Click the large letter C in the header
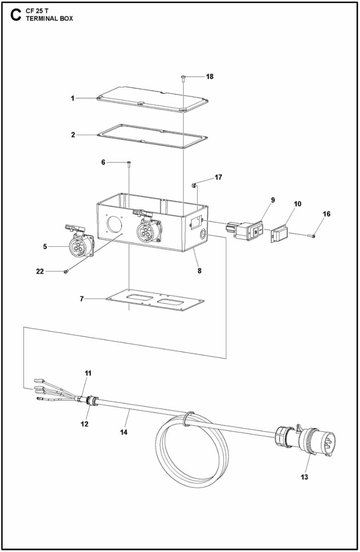(x=15, y=15)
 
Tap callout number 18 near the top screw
(x=210, y=76)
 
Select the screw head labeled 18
(x=184, y=77)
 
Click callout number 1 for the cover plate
(x=73, y=98)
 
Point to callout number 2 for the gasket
(x=73, y=135)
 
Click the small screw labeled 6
(x=129, y=163)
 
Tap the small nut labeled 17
(x=194, y=185)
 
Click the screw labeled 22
(x=66, y=271)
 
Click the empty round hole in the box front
(x=114, y=225)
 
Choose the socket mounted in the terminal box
(x=147, y=228)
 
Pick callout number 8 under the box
(x=199, y=271)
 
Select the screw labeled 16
(x=312, y=235)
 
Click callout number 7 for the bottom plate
(x=81, y=299)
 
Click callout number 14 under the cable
(x=124, y=431)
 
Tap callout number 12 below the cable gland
(x=85, y=424)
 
